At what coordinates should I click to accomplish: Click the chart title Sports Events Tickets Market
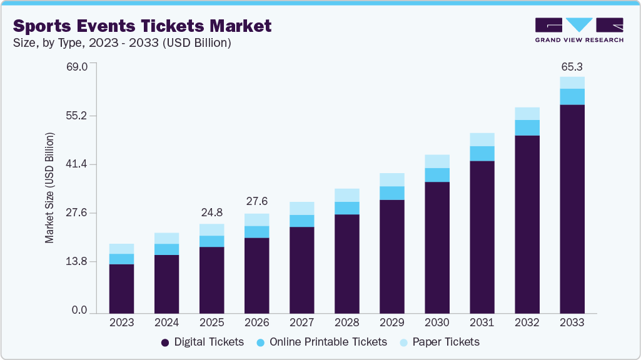[x=143, y=26]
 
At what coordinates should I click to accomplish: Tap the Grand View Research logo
[x=578, y=29]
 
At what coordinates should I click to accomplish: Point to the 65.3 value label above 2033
[x=572, y=66]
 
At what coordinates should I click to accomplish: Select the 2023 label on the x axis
[x=121, y=323]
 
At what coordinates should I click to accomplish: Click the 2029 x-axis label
[x=391, y=323]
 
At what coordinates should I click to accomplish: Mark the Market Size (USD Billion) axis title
[x=49, y=187]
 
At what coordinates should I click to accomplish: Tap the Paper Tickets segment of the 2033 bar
[x=572, y=82]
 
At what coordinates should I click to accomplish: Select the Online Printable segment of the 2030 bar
[x=437, y=175]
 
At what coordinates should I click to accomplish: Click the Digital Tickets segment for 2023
[x=121, y=288]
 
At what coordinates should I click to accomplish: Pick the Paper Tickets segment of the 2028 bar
[x=346, y=195]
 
